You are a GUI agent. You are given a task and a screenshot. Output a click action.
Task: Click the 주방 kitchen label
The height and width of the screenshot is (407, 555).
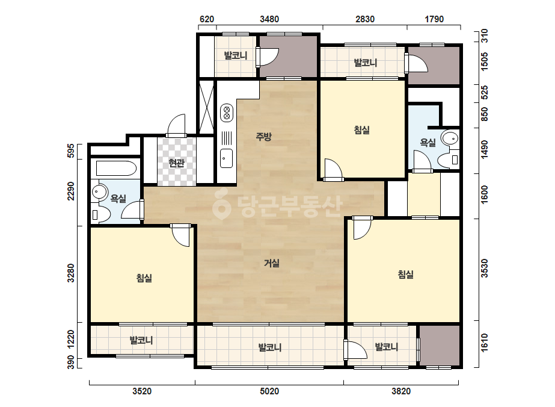pos(264,136)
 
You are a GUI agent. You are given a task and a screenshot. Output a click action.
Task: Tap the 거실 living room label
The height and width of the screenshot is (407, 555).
pos(271,263)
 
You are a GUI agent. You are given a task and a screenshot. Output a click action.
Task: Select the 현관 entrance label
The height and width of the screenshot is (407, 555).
pos(176,163)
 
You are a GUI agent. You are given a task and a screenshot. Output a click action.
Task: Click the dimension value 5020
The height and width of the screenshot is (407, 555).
pos(269,391)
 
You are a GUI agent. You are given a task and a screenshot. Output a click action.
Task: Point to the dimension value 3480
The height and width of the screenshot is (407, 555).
pos(269,19)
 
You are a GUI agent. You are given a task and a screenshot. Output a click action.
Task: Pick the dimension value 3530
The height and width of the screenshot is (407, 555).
pos(485,269)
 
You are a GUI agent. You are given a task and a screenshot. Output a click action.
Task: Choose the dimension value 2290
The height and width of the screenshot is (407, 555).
pos(71,191)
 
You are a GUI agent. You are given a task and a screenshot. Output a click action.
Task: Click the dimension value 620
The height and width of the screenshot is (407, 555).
pos(207,19)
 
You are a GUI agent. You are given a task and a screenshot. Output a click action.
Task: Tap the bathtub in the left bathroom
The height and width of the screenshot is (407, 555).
pos(116,169)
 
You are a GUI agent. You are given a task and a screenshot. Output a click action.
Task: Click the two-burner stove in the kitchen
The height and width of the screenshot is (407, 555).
pos(227,113)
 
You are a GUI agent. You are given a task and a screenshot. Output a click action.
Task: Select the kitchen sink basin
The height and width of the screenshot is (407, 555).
pos(227,158)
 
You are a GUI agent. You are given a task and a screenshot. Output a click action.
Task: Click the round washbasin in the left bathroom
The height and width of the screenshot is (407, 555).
pos(99,192)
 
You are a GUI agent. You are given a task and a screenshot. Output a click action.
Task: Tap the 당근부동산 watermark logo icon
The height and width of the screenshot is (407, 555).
pos(221,204)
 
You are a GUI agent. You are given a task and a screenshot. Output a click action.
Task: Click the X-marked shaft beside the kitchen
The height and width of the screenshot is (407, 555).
pos(207,107)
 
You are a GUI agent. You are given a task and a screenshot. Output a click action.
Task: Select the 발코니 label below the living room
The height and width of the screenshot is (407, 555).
pos(270,347)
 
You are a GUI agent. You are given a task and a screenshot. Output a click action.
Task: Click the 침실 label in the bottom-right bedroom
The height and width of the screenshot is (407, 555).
pos(406,275)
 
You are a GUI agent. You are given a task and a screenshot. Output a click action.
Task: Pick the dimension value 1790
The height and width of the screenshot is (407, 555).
pos(434,19)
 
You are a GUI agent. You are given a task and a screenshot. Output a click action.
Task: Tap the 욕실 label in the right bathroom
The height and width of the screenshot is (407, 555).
pos(428,143)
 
